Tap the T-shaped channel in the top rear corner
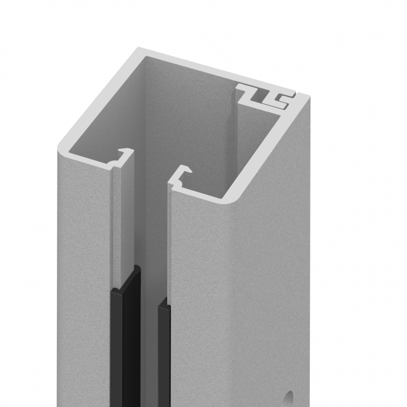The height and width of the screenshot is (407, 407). point(265,96)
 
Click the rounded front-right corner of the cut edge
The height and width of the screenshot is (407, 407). point(230,198)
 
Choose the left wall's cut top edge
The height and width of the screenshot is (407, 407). point(99,99)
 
